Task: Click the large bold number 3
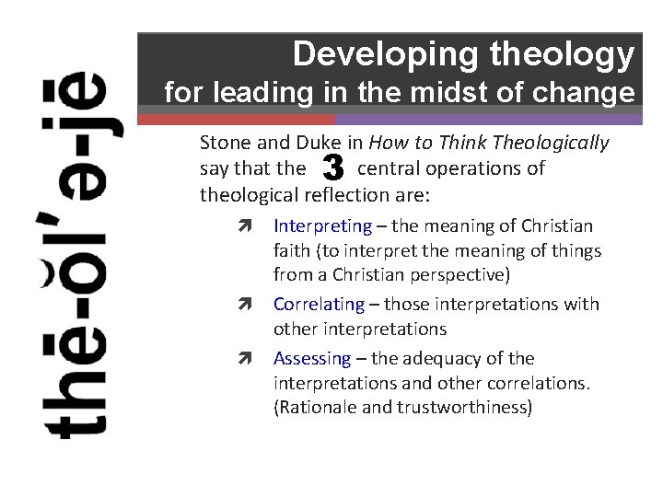click(333, 168)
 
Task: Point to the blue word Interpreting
click(322, 226)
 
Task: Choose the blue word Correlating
click(320, 305)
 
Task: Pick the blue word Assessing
click(312, 359)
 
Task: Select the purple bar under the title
click(488, 120)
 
